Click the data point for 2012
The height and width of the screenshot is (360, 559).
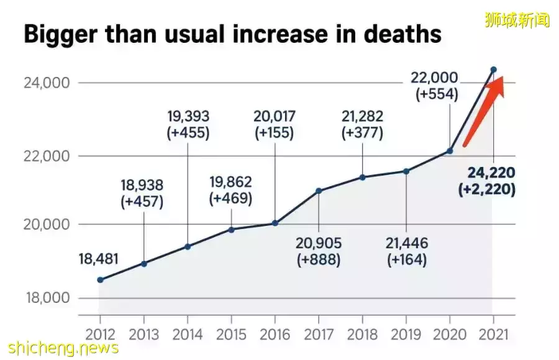tap(101, 280)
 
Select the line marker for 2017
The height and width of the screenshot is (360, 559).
tap(319, 191)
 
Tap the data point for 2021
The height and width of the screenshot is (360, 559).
tap(493, 70)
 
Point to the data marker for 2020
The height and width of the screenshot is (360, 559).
tap(450, 151)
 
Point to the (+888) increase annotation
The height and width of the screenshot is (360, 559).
tap(319, 259)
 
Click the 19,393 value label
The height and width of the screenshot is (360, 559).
tap(188, 116)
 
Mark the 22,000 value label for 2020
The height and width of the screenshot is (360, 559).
tap(434, 78)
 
